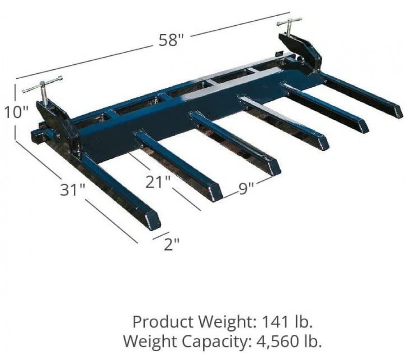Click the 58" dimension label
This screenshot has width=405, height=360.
coord(171,40)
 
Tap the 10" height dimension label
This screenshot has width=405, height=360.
coord(16,112)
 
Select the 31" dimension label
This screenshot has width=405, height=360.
coord(72,190)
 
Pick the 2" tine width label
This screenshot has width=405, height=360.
coord(171,244)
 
